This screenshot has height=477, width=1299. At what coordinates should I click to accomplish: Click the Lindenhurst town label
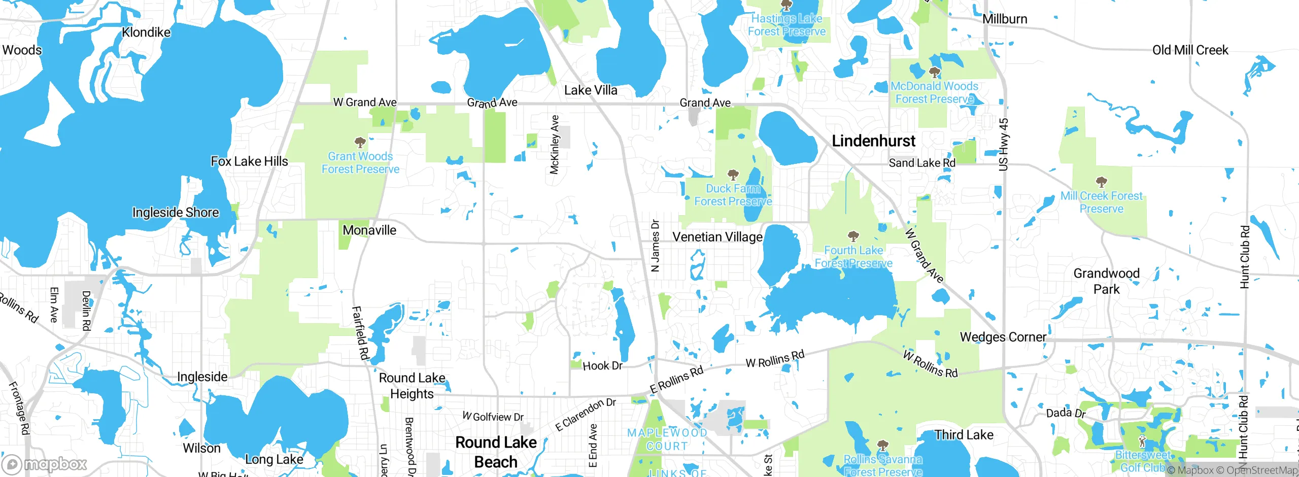[873, 141]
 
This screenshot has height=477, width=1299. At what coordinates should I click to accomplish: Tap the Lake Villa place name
[591, 90]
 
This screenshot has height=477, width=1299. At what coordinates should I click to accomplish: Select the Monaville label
[369, 230]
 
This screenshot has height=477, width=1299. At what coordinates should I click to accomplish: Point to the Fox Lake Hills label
[249, 161]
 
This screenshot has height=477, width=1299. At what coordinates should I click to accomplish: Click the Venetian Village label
[717, 237]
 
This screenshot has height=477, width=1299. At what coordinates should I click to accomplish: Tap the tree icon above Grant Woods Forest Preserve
[360, 142]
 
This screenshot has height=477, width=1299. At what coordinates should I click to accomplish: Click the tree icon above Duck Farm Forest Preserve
[733, 175]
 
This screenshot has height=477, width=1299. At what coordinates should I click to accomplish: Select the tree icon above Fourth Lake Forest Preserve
[853, 236]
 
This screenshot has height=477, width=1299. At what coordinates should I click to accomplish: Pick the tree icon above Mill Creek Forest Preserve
[1101, 182]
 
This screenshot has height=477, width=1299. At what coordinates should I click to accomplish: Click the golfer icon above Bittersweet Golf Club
[1142, 440]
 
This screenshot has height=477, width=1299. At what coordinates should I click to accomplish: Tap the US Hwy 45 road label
[1003, 145]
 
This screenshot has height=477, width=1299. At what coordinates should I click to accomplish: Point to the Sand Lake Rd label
[921, 163]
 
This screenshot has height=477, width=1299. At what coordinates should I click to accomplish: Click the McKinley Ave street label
[555, 145]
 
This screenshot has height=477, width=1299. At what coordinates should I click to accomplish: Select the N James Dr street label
[655, 246]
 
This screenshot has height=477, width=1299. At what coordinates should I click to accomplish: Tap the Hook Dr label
[602, 366]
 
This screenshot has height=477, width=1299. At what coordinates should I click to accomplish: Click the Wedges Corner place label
[1003, 337]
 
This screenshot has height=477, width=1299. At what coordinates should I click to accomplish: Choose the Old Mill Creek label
[1190, 50]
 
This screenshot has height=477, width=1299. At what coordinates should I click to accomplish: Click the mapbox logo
[45, 464]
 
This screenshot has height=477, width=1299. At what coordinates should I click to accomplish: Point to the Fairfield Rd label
[360, 333]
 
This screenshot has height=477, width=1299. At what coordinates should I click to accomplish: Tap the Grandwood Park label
[1106, 281]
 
